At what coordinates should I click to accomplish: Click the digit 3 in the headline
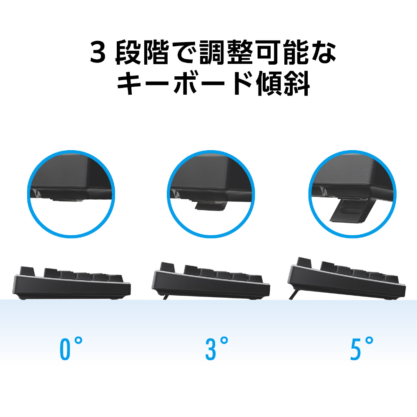click(x=98, y=53)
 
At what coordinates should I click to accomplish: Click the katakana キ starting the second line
click(x=130, y=83)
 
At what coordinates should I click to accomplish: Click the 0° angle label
click(x=71, y=349)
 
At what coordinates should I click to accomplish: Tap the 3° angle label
click(x=216, y=349)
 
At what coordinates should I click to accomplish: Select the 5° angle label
click(x=362, y=349)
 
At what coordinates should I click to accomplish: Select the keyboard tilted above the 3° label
click(x=211, y=281)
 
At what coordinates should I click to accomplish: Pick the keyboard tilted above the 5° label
click(x=347, y=278)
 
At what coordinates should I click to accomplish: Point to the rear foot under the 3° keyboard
click(x=166, y=297)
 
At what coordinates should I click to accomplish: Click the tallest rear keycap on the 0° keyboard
click(x=28, y=271)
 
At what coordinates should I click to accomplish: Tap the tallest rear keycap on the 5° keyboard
click(x=304, y=262)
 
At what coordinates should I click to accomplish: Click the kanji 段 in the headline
click(x=128, y=53)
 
